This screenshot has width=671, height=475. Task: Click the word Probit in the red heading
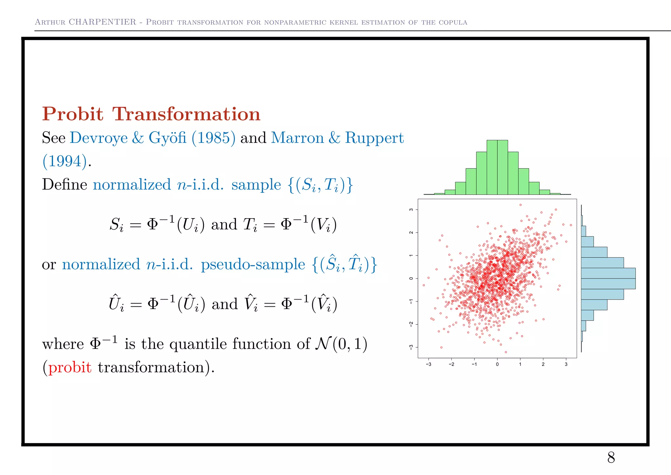click(x=72, y=114)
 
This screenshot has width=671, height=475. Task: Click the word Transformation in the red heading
click(x=186, y=114)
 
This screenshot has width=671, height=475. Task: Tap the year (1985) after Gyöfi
click(x=213, y=138)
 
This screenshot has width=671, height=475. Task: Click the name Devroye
click(x=99, y=138)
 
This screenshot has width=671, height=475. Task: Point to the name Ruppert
click(x=374, y=138)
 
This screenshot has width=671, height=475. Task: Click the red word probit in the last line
click(x=70, y=367)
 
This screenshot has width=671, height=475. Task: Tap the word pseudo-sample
click(x=253, y=264)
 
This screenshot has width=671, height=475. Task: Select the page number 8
click(x=611, y=457)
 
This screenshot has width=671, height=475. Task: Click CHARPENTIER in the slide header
click(x=103, y=22)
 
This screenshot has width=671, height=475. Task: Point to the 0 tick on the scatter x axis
click(x=497, y=364)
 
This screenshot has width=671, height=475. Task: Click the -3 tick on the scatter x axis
click(x=428, y=364)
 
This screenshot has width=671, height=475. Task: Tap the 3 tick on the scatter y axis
click(x=411, y=210)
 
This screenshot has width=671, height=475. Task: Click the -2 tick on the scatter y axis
click(x=411, y=324)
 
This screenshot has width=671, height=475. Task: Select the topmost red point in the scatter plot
click(x=521, y=205)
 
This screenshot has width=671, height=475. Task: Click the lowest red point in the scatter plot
click(x=506, y=352)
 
